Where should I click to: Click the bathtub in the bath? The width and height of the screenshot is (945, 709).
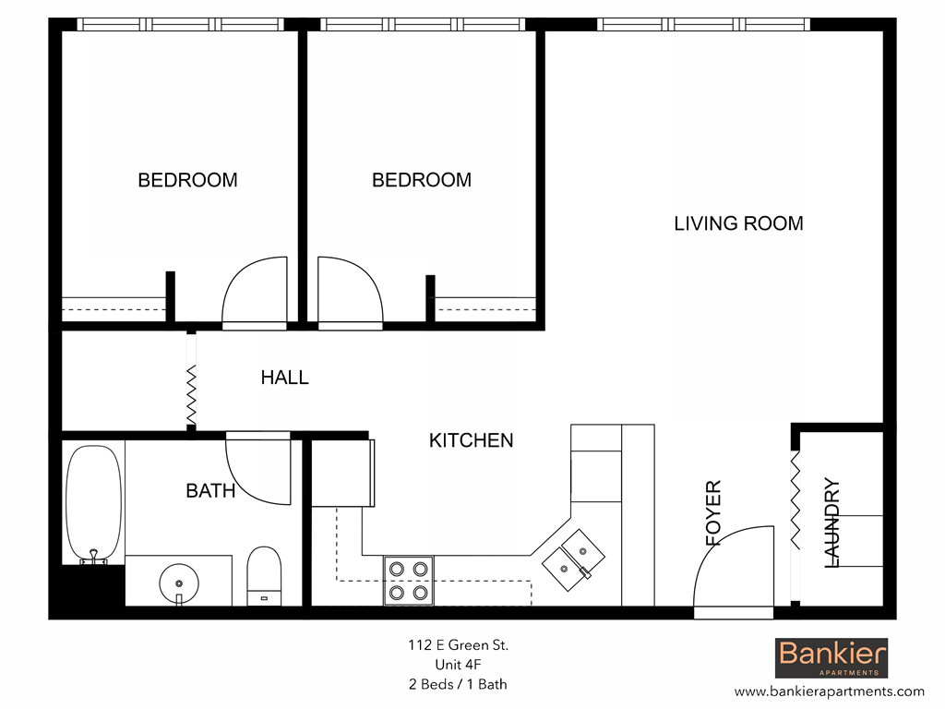(93, 503)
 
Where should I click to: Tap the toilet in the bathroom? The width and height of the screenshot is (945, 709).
(264, 575)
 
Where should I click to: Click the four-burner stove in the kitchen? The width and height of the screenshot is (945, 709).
(409, 580)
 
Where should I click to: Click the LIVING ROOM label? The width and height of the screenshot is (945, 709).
(738, 223)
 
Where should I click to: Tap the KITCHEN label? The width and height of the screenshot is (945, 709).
(471, 440)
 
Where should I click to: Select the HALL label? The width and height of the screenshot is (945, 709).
(284, 377)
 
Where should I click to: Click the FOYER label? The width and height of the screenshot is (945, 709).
(713, 513)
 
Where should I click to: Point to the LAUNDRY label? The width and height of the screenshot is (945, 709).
(831, 522)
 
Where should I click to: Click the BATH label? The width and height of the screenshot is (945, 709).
(210, 490)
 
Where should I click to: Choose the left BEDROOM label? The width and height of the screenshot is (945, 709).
(187, 180)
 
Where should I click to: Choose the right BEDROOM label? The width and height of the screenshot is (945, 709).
(422, 180)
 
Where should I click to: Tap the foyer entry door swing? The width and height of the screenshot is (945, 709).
(734, 571)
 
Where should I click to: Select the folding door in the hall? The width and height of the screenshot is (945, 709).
(191, 379)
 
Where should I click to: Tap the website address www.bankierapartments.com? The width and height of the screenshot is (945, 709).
(829, 691)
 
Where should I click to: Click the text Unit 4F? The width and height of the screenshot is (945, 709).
(459, 665)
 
